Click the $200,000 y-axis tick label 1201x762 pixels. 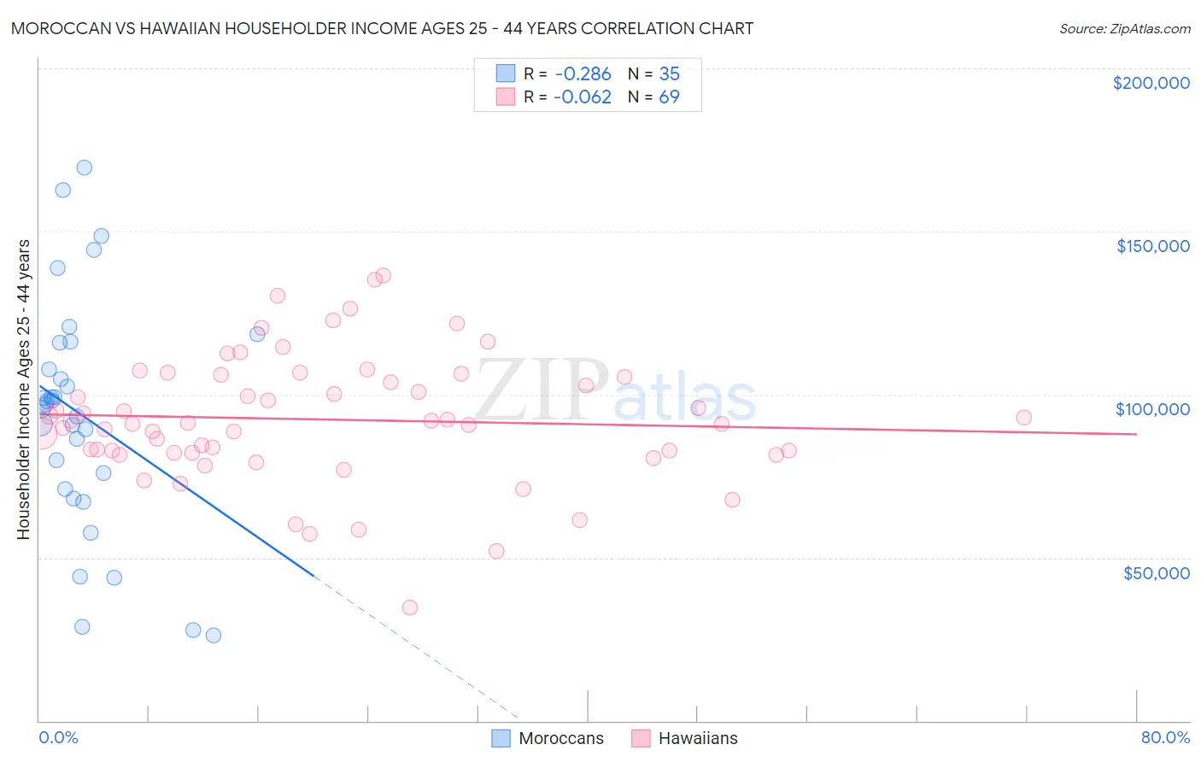[1151, 83]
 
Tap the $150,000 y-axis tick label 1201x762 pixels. [1152, 246]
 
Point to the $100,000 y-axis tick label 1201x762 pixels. [1152, 409]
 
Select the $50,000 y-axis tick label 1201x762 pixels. [1156, 572]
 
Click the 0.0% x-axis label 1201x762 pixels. [58, 737]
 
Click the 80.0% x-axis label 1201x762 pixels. [1165, 737]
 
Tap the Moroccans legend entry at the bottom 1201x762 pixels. [548, 738]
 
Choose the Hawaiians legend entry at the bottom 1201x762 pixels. [685, 738]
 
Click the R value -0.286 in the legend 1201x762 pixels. [583, 74]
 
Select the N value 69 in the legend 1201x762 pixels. [669, 97]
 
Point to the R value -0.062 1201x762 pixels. [583, 97]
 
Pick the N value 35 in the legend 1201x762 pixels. [669, 74]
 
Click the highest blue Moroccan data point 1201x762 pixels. [84, 167]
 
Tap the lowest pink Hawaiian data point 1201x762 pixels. [410, 607]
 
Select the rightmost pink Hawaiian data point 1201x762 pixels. [1023, 418]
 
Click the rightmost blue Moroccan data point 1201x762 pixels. [698, 407]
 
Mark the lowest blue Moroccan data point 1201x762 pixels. [214, 635]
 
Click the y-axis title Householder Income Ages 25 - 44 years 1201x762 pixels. [23, 390]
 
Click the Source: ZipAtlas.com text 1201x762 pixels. [1124, 29]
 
